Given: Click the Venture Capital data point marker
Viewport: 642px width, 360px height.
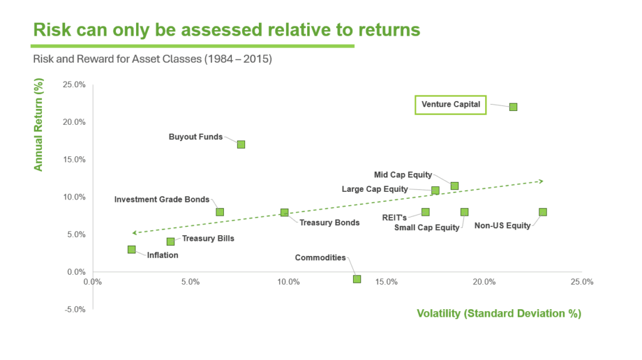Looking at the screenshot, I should point(513,107).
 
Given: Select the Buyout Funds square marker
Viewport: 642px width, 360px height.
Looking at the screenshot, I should point(241,144).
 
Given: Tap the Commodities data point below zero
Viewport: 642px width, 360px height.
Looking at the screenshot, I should point(357,279).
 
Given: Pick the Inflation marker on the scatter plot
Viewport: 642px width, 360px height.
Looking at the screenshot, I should point(132,250).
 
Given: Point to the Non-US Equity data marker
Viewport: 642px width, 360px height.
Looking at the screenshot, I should point(542,212).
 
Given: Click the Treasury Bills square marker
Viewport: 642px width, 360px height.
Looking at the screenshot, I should point(171,241).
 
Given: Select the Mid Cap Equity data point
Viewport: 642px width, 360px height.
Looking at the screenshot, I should point(455,186).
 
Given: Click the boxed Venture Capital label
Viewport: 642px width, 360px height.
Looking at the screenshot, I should point(451,104).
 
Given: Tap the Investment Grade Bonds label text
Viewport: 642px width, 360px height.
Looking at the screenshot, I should point(162,199).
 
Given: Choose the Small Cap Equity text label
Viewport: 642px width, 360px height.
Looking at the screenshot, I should point(426,228).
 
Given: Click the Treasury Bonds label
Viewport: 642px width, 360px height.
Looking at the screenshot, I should point(329,223).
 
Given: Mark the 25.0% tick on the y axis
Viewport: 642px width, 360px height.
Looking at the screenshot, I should point(74,85).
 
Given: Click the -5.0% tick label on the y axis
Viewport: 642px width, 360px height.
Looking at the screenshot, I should point(74,309).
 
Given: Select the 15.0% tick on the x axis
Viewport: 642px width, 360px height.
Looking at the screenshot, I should point(386,282).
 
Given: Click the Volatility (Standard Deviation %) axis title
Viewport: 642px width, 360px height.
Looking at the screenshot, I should point(499,313).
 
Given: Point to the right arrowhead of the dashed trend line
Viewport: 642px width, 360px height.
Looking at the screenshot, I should point(540,181).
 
